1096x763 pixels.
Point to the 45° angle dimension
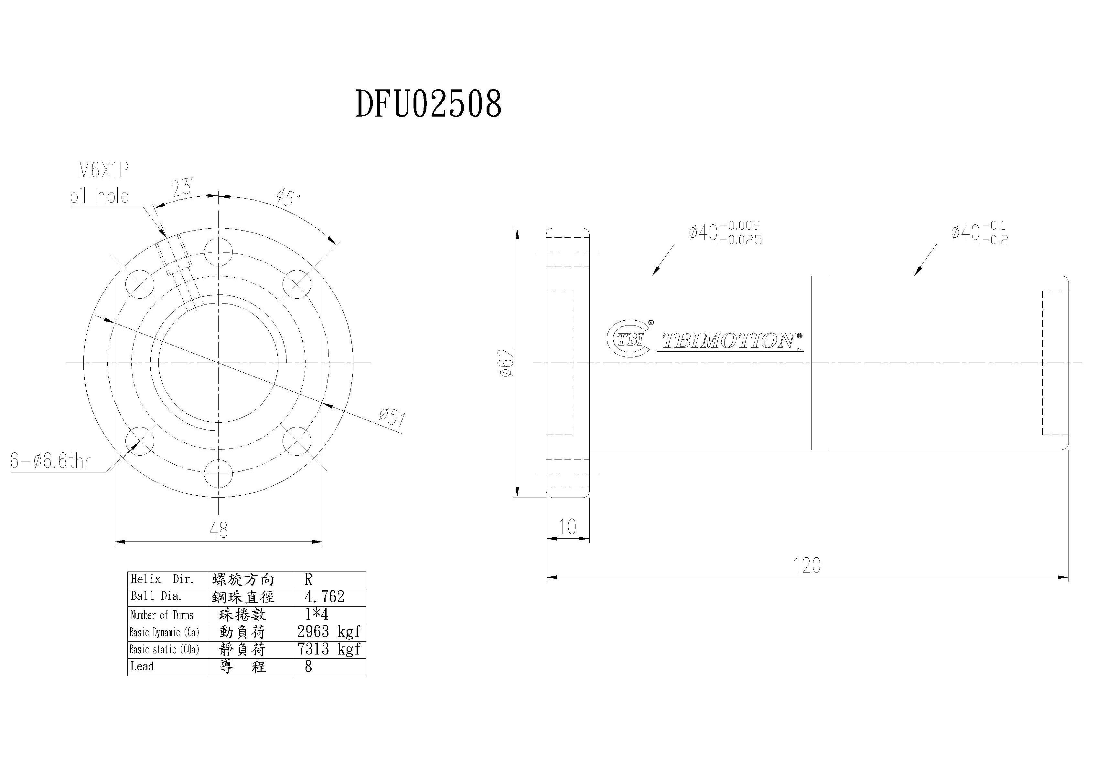(x=287, y=197)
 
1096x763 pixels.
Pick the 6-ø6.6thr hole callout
(x=50, y=461)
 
